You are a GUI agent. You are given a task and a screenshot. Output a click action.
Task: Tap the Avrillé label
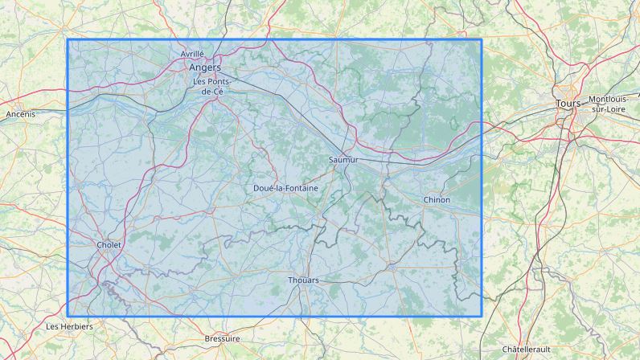tap(192, 54)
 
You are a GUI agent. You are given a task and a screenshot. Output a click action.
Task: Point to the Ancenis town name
tap(20, 114)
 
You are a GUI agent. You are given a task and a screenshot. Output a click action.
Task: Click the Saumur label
tap(343, 160)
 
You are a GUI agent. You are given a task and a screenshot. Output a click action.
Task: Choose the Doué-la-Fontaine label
tap(285, 188)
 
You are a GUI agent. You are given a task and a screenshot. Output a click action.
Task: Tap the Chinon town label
tap(437, 199)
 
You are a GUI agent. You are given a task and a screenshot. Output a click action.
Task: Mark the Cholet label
tap(109, 244)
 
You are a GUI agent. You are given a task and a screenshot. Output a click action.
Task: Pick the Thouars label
tap(303, 280)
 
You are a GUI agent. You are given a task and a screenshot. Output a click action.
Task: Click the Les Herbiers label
tap(70, 326)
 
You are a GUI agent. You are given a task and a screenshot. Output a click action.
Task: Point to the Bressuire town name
tap(223, 338)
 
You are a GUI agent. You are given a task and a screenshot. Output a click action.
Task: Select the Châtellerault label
tap(526, 349)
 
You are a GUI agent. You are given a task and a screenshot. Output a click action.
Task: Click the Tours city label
tap(568, 104)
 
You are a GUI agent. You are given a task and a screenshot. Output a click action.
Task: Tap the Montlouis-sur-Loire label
tap(613, 104)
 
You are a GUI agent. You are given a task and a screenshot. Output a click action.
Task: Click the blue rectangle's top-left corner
tap(68, 39)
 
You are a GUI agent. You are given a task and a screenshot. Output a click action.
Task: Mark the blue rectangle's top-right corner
tap(482, 39)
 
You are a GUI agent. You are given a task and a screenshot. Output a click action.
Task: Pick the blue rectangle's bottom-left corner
tap(68, 316)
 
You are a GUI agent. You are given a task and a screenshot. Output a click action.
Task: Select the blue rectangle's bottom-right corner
tap(482, 316)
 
